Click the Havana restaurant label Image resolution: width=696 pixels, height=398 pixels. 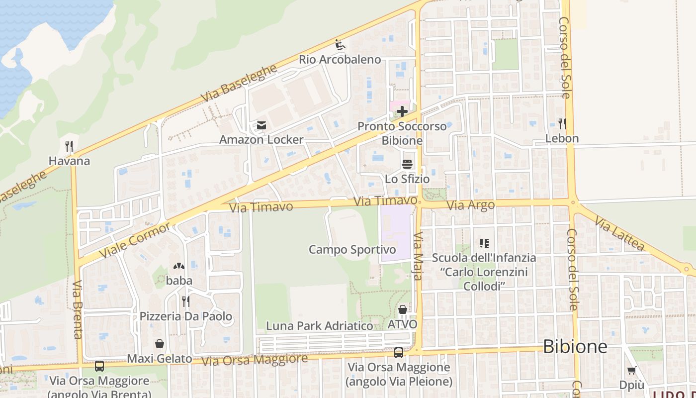pyautogui.click(x=69, y=161)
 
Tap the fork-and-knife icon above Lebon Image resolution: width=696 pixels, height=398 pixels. pyautogui.click(x=562, y=123)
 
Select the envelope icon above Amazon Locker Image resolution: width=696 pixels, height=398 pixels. pyautogui.click(x=261, y=125)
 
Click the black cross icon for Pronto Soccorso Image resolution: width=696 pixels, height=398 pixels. pyautogui.click(x=402, y=111)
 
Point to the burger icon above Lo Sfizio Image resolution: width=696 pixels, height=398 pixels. pyautogui.click(x=407, y=164)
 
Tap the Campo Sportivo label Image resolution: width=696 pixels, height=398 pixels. pyautogui.click(x=352, y=249)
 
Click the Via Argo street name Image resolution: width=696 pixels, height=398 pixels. pyautogui.click(x=470, y=205)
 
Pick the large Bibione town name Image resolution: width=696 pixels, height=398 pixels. pyautogui.click(x=575, y=346)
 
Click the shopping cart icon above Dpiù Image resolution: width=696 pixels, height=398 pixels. pyautogui.click(x=631, y=370)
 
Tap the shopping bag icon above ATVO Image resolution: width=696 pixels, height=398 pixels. pyautogui.click(x=403, y=310)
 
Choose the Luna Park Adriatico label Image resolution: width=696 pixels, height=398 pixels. pyautogui.click(x=319, y=326)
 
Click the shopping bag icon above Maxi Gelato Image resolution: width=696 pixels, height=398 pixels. pyautogui.click(x=160, y=344)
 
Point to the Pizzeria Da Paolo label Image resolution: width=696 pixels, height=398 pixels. pyautogui.click(x=185, y=316)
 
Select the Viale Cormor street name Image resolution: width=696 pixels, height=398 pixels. pyautogui.click(x=135, y=240)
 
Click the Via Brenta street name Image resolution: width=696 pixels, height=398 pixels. pyautogui.click(x=77, y=309)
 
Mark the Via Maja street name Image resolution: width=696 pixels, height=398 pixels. pyautogui.click(x=418, y=256)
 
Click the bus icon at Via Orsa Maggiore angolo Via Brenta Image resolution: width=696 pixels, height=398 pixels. pyautogui.click(x=99, y=366)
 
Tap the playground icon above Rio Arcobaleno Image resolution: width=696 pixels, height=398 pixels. pyautogui.click(x=340, y=45)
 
